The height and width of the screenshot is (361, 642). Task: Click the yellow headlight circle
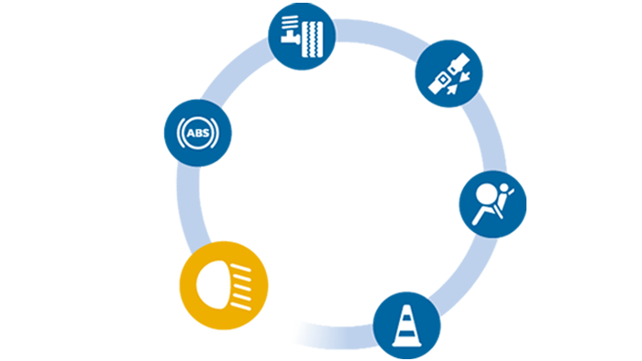(224, 285)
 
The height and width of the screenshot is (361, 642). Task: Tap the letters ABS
(198, 133)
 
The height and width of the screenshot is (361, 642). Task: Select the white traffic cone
(406, 326)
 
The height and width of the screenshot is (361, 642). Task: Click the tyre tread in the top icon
(313, 39)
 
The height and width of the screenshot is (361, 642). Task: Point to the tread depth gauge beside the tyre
(291, 29)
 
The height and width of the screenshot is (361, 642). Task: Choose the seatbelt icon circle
(448, 73)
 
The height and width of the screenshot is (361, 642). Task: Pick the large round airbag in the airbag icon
(486, 193)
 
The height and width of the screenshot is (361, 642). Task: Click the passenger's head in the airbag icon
(504, 188)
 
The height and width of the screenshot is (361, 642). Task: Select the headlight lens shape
(213, 285)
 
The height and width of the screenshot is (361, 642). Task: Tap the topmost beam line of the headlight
(240, 268)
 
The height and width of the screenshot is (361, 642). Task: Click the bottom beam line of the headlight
(240, 306)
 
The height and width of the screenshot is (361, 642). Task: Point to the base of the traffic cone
(406, 344)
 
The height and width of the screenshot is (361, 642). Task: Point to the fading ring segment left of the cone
(334, 336)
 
